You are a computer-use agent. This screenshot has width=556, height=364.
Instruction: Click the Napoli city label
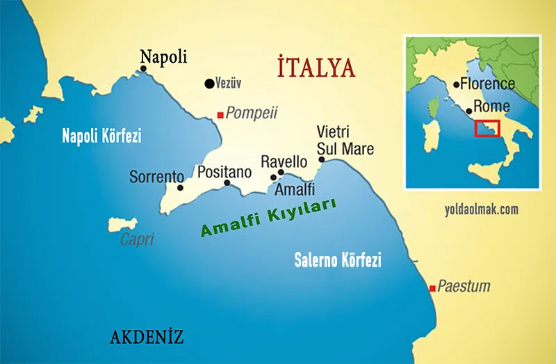[x=163, y=56]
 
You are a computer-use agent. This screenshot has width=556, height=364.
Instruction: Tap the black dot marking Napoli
[x=144, y=68]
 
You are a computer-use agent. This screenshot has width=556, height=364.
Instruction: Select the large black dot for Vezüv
[x=208, y=84]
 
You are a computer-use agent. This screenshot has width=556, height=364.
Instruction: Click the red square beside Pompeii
[x=220, y=114]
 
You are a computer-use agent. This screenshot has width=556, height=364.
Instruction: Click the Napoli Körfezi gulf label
[x=101, y=136]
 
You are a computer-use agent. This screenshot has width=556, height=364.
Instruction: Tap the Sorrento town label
[x=156, y=177]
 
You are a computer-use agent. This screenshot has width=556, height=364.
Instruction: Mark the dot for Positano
[x=227, y=183]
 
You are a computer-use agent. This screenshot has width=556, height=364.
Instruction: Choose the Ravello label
[x=284, y=161]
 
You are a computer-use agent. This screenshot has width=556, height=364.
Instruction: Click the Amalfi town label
[x=295, y=189]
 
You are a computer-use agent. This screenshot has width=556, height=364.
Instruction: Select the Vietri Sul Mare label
[x=345, y=140]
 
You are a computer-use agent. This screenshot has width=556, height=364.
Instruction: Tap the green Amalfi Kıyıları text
[x=268, y=219]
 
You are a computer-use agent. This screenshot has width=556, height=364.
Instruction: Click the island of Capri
[x=123, y=224]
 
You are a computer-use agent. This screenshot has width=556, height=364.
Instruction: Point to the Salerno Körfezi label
[x=338, y=261]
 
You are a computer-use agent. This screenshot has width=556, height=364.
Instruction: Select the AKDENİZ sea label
[x=147, y=338]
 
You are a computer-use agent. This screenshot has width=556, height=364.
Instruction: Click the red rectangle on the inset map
[x=486, y=128]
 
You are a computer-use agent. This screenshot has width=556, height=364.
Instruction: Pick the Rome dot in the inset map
[x=469, y=111]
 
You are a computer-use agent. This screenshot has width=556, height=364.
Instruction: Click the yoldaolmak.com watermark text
[x=481, y=209]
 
